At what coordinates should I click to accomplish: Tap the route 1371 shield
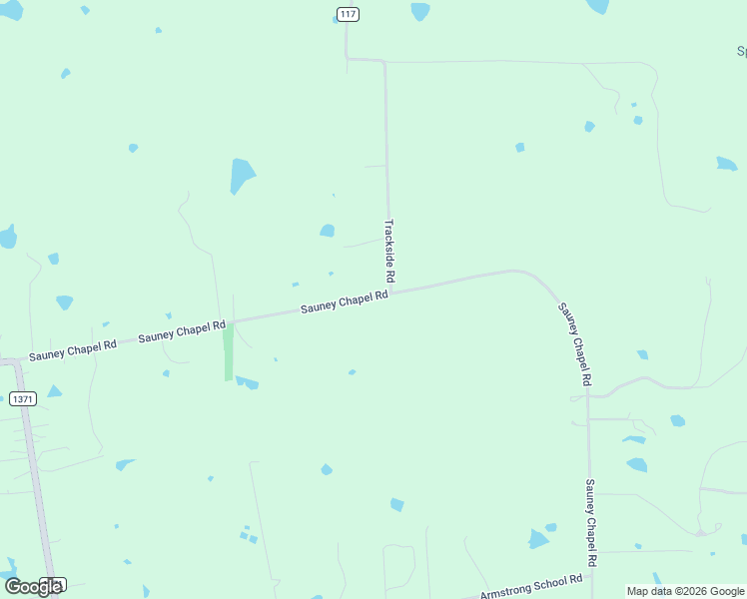point(23,398)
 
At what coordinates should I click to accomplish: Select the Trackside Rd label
point(390,251)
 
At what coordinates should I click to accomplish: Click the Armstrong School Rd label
point(530,587)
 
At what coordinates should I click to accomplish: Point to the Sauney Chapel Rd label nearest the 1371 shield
point(73,349)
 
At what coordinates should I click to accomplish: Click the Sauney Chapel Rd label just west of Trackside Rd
point(345,303)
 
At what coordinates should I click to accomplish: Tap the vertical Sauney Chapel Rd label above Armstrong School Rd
point(590,524)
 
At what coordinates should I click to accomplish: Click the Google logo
point(33,586)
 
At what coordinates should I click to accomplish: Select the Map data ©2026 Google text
point(686,591)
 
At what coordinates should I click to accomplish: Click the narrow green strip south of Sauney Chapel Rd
point(229,354)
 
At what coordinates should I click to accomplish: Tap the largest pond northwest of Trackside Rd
point(242,176)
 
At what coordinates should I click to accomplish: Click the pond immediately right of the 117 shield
point(420,11)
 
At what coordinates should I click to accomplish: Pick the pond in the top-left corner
point(11,9)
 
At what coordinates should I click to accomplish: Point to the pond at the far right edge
point(726,164)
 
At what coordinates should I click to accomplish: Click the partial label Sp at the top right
point(740,50)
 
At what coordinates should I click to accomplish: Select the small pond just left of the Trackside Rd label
point(327,231)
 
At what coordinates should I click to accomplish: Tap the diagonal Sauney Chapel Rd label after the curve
point(575,343)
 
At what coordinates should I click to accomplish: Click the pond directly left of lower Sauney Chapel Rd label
point(538,539)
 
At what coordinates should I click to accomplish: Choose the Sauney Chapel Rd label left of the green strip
point(183,331)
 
